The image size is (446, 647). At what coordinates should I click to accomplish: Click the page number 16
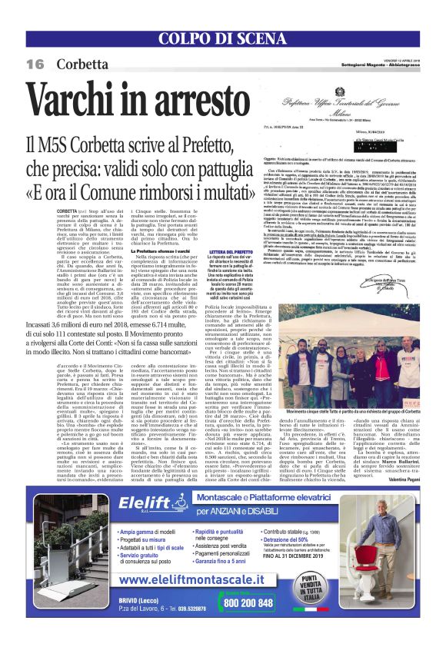[35, 64]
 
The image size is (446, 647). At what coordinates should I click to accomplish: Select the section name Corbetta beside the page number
[77, 64]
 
